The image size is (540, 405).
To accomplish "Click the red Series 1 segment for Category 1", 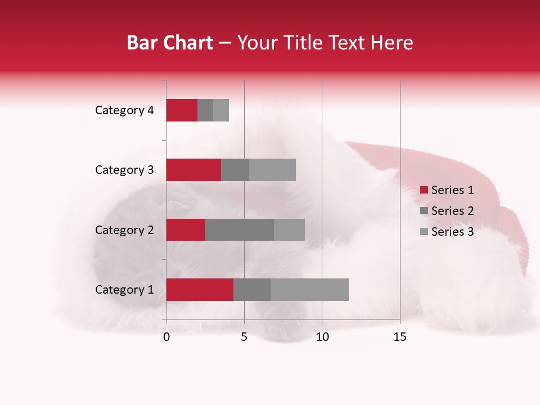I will tap(200, 290).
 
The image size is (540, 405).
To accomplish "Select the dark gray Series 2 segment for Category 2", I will tap(240, 229).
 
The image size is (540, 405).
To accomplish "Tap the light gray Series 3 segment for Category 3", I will tap(272, 170).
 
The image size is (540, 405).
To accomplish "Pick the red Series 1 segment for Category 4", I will tap(182, 110).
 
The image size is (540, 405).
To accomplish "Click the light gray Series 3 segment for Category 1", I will tap(309, 290).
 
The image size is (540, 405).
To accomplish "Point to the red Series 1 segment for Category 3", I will tap(193, 170).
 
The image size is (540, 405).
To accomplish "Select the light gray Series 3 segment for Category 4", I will tap(221, 110).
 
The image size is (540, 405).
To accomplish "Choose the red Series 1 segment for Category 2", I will tap(186, 229).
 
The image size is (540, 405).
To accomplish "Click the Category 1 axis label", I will tap(124, 290).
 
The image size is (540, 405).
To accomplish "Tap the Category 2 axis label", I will tap(124, 230).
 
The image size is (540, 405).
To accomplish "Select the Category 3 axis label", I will tap(124, 170).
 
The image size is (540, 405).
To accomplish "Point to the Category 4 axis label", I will tap(124, 110).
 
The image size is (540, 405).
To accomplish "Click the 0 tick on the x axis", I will tap(166, 337).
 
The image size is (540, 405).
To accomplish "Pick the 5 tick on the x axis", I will tap(244, 337).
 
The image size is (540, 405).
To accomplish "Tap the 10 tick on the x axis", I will tap(322, 337).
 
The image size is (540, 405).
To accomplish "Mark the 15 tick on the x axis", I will tap(399, 337).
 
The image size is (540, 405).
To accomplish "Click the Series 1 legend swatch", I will tap(424, 190).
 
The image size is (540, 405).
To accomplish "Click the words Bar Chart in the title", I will tap(169, 43).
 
